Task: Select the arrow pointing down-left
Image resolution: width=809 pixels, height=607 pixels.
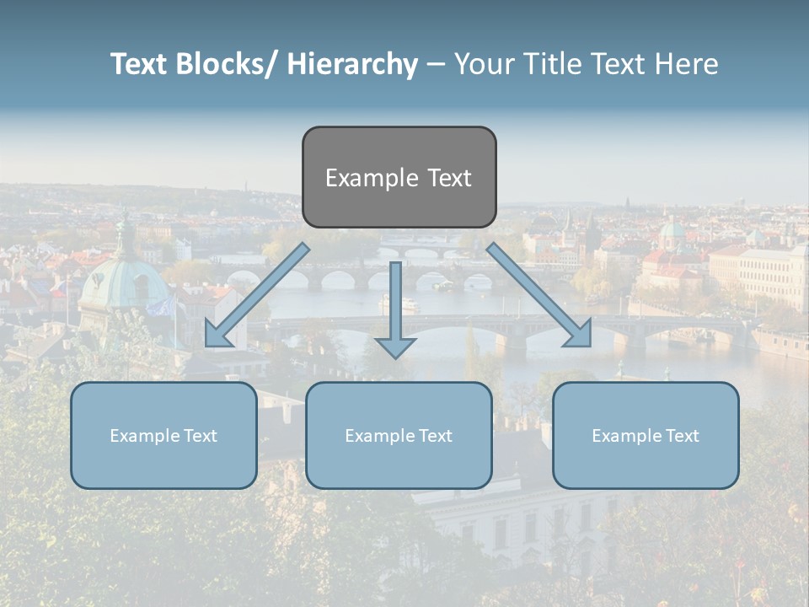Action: tap(257, 295)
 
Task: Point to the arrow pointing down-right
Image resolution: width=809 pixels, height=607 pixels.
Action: tap(539, 295)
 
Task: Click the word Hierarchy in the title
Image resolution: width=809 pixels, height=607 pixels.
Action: tap(352, 64)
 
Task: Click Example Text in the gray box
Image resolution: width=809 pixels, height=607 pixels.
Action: tap(399, 178)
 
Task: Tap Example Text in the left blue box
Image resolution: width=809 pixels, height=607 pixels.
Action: tap(163, 436)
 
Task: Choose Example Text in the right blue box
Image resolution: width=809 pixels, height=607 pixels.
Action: tap(646, 436)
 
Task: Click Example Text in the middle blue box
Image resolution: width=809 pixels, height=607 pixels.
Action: tap(399, 436)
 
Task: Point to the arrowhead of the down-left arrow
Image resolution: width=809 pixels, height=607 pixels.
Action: tap(217, 335)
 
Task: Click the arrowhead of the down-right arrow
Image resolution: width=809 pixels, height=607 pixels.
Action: tap(579, 335)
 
